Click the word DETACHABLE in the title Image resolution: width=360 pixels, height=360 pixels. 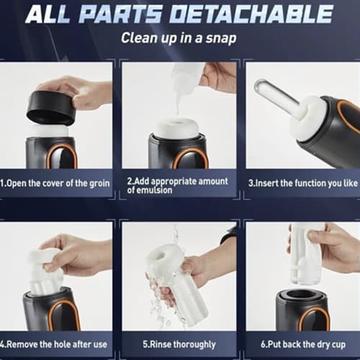pyautogui.click(x=251, y=14)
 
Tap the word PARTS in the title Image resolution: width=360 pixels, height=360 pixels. pyautogui.click(x=120, y=14)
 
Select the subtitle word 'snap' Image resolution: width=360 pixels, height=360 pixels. pyautogui.click(x=221, y=38)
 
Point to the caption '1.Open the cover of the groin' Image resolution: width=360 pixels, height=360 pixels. pyautogui.click(x=55, y=184)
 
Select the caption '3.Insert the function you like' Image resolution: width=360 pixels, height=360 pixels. pyautogui.click(x=303, y=184)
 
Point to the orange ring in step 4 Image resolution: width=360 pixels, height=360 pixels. pyautogui.click(x=64, y=315)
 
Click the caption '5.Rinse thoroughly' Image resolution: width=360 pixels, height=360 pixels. pyautogui.click(x=179, y=345)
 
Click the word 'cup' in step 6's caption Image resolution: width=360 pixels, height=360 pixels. pyautogui.click(x=338, y=345)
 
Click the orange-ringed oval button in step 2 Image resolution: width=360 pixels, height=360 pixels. pyautogui.click(x=191, y=158)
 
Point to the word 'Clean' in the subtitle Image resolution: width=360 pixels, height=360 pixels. pyautogui.click(x=138, y=38)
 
